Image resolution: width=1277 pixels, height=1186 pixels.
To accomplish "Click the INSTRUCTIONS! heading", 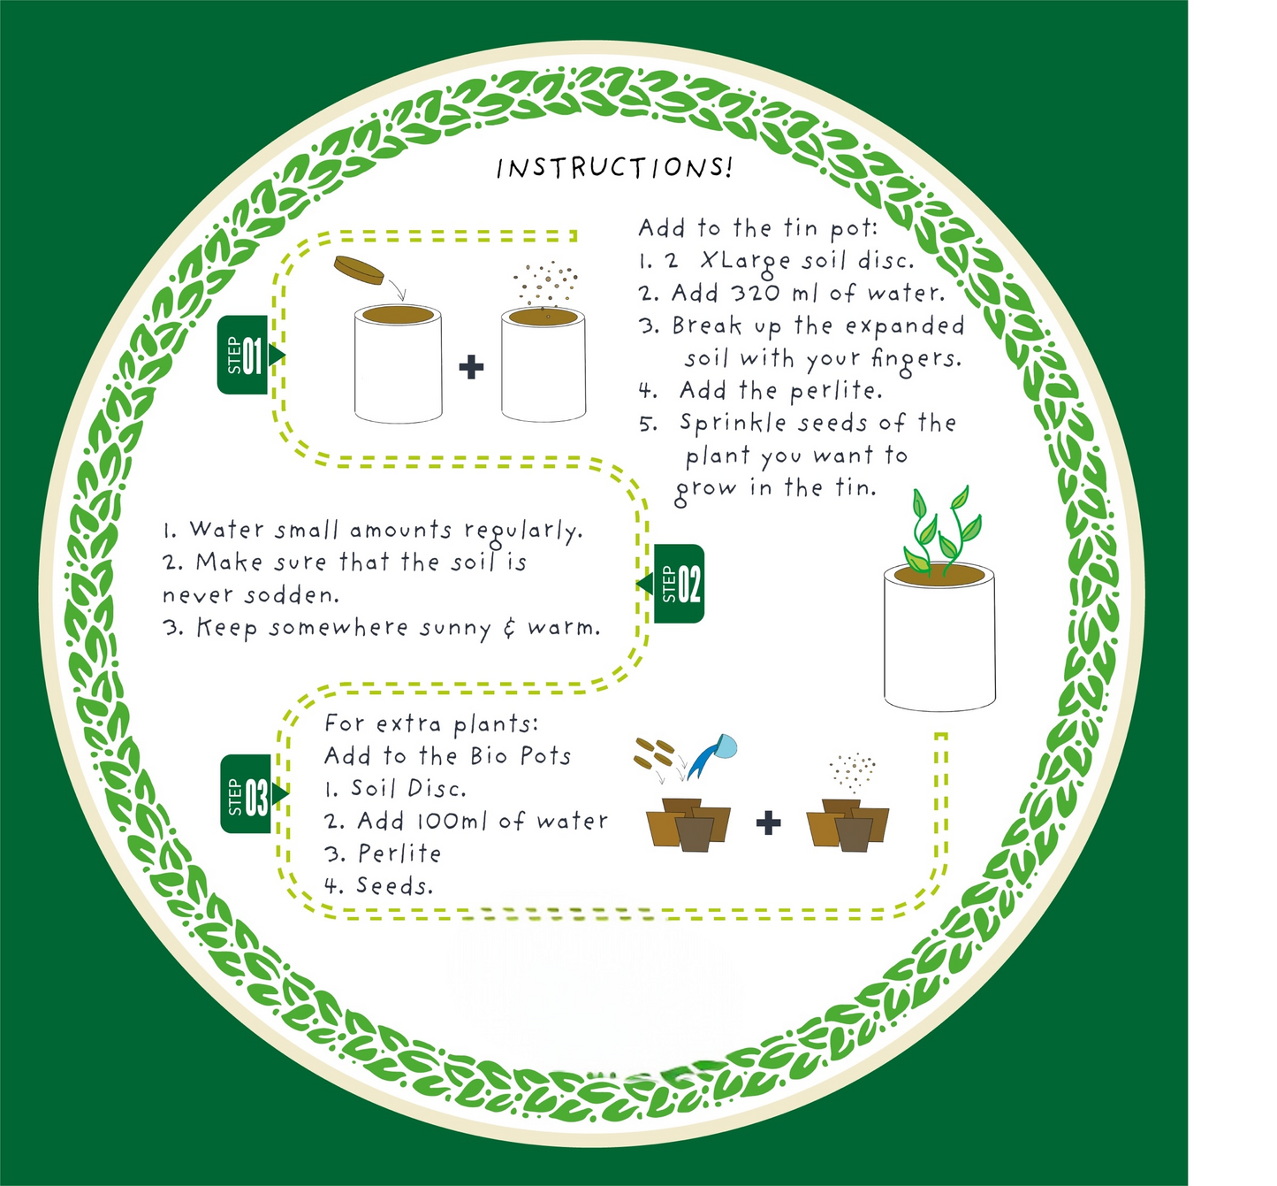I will click(614, 168).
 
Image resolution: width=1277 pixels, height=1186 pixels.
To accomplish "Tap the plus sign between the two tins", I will click(471, 366).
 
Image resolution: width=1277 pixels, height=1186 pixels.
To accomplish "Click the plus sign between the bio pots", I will click(769, 823).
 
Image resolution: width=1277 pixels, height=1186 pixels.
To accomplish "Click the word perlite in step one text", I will click(834, 391).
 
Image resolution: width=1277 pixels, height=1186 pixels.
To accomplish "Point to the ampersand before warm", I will click(509, 628).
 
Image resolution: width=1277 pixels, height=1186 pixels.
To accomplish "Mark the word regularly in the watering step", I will click(522, 531).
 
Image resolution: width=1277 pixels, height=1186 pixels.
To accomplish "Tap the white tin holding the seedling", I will click(939, 646).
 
